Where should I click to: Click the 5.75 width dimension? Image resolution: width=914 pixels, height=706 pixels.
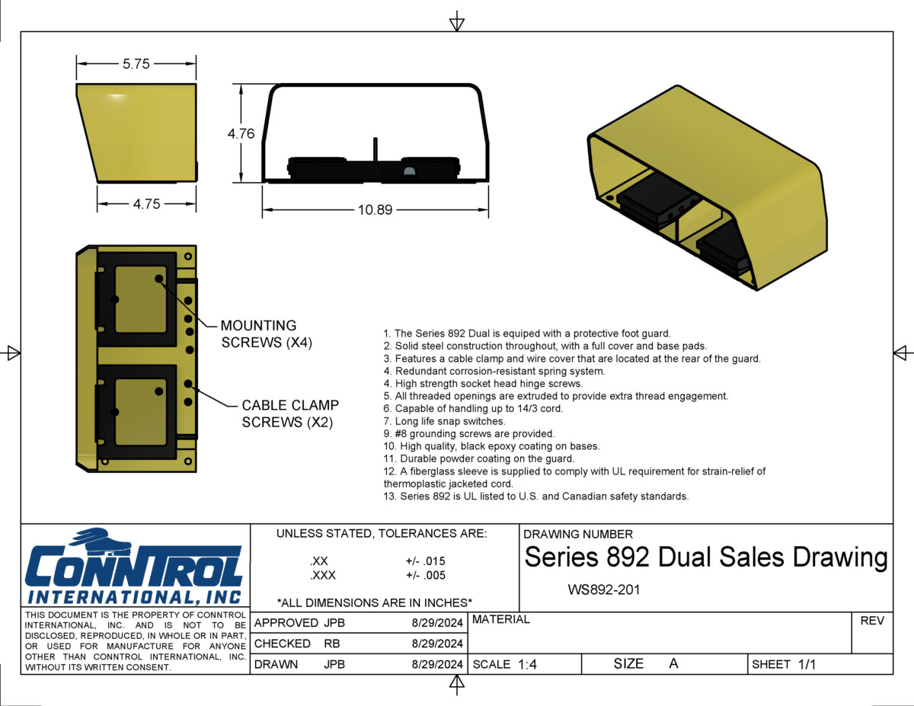136,65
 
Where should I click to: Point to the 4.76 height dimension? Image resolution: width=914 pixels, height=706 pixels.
241,134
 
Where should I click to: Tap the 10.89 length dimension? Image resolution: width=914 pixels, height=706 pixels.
375,209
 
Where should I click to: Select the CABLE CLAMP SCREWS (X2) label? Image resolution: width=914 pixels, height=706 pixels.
290,414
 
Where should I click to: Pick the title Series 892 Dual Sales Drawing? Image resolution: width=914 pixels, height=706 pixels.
705,557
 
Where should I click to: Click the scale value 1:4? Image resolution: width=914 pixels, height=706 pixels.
527,664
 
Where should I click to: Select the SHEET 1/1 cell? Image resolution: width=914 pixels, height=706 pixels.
784,664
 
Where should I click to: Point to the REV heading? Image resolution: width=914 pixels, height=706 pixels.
872,621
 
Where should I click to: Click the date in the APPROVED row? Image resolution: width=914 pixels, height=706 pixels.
437,623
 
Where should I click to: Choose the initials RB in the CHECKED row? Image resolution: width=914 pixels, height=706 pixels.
332,644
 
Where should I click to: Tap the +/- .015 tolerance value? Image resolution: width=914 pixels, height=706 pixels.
425,561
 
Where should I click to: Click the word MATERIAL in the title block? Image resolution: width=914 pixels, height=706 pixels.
500,620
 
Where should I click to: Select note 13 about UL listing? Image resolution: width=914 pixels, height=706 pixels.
536,497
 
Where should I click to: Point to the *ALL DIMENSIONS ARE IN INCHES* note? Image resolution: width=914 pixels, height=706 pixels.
374,602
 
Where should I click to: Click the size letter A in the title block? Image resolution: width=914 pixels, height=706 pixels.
673,663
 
